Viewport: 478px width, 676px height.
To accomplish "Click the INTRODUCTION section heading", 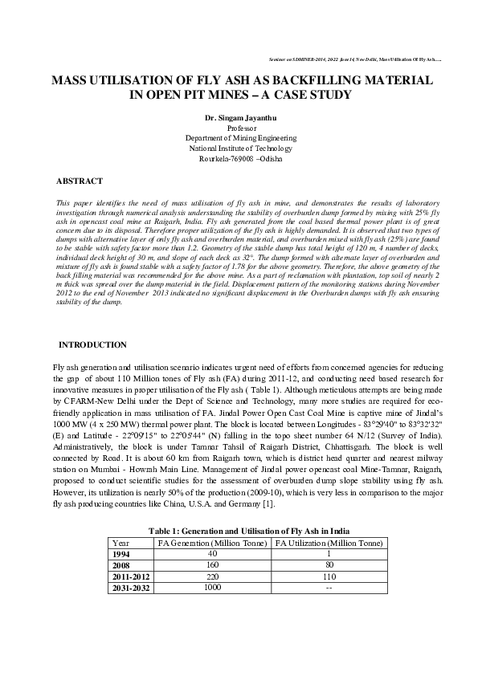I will tap(93, 344).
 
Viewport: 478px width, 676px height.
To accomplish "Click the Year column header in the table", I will tap(121, 543).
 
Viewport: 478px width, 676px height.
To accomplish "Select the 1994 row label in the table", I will tap(121, 554).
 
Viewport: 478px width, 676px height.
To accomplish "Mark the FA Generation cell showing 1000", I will tap(212, 588).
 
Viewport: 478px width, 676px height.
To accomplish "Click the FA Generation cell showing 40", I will tap(212, 554).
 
